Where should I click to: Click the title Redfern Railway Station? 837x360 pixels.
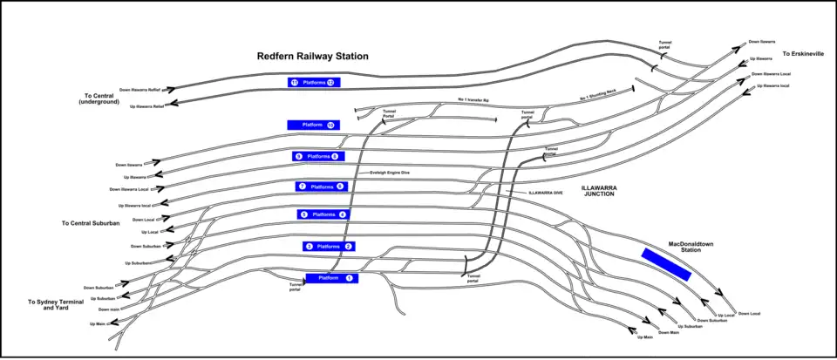pos(312,56)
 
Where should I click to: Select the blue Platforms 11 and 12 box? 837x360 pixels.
pos(314,83)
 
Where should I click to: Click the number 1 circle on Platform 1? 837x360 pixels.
pos(350,278)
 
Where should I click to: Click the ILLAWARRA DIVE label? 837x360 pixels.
pos(545,192)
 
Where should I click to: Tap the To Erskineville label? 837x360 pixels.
pos(803,54)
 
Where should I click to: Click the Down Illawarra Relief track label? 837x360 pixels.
pos(140,90)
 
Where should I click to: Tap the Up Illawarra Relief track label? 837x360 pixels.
pos(146,106)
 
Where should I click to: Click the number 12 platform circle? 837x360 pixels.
pos(330,83)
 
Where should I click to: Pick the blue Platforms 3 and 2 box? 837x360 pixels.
pos(329,247)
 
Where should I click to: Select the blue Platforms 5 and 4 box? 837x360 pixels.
pos(323,214)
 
